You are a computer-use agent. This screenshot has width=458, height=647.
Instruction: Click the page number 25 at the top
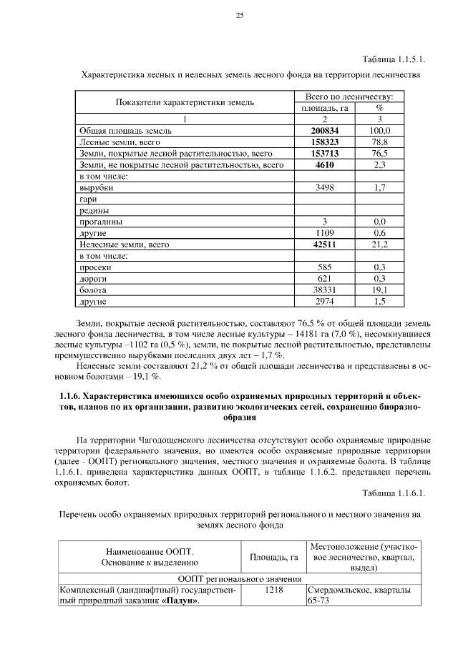pyautogui.click(x=240, y=16)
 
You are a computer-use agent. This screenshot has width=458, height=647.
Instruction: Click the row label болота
pyautogui.click(x=92, y=290)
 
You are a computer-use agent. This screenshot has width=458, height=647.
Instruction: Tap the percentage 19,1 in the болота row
pyautogui.click(x=380, y=290)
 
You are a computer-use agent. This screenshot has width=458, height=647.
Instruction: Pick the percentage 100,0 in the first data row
pyautogui.click(x=380, y=131)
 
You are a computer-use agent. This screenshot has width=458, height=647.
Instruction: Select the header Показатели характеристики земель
pyautogui.click(x=185, y=102)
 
